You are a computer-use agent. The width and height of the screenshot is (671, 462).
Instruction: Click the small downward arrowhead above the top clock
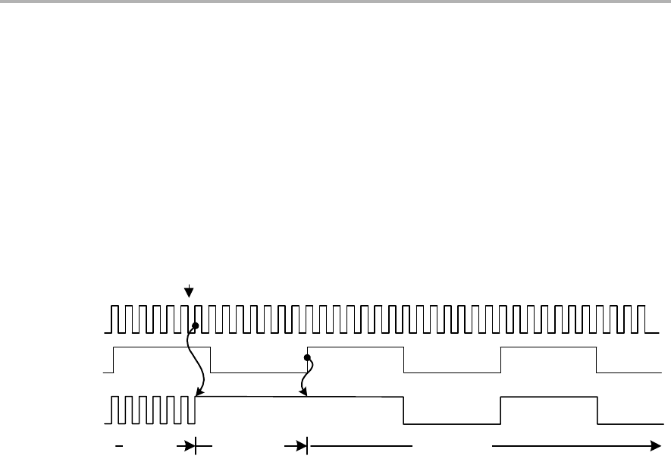point(190,293)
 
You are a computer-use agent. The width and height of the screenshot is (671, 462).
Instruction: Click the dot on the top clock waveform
point(195,325)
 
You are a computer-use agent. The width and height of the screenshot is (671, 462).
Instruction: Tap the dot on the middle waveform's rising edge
point(307,357)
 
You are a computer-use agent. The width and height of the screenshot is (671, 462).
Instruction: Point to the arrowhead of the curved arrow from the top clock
point(199,394)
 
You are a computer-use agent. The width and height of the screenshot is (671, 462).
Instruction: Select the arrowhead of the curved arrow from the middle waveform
point(303,393)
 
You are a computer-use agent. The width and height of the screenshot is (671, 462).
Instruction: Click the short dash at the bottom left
point(119,447)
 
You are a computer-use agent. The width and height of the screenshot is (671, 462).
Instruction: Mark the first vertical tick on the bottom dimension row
point(196,447)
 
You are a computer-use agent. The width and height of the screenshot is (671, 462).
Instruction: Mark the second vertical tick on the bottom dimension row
point(307,447)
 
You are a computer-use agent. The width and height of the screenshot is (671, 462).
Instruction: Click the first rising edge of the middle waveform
point(114,360)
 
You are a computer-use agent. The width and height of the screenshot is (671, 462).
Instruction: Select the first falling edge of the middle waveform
point(210,360)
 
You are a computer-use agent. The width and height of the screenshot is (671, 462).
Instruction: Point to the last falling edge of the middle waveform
point(597,360)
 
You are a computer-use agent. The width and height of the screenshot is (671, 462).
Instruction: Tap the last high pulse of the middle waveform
point(548,347)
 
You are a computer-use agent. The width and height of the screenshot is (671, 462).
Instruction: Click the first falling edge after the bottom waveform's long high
point(403,410)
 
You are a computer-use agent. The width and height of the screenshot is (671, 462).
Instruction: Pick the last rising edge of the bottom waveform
point(500,410)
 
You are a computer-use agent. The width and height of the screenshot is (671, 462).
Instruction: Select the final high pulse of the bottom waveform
point(549,397)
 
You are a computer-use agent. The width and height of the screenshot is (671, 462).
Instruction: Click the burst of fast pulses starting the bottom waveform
point(152,410)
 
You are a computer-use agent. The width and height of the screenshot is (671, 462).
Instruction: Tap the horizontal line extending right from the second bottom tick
point(360,447)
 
